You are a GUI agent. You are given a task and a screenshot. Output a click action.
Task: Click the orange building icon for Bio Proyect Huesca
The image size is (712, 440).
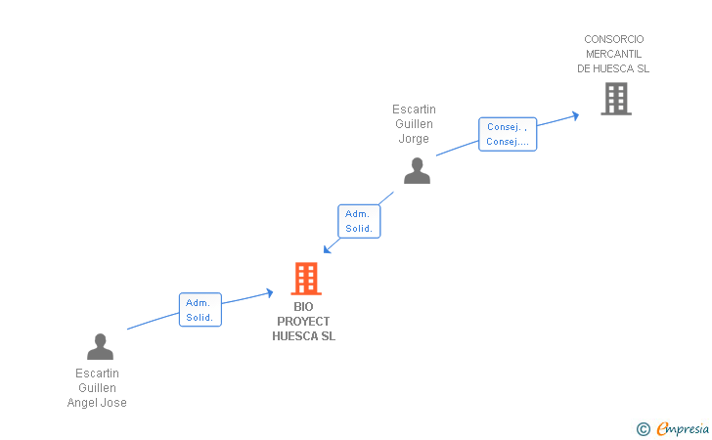tap(306, 279)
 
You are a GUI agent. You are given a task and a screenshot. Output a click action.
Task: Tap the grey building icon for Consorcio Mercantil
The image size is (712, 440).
tap(615, 99)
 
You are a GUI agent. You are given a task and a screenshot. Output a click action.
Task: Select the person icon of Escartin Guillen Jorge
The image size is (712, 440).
tap(417, 170)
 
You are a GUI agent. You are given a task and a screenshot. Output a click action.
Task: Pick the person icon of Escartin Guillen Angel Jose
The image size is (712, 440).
tap(100, 346)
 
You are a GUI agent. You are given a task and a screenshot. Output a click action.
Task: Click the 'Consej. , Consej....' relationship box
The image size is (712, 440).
tap(508, 134)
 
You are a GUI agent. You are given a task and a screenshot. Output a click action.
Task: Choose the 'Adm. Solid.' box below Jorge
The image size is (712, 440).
tap(358, 221)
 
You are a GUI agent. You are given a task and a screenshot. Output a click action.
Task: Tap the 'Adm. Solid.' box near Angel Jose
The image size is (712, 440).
tap(200, 310)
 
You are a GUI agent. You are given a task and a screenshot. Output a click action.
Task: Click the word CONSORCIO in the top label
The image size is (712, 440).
tap(613, 39)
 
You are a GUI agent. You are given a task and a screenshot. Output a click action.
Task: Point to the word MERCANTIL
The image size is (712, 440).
tap(613, 54)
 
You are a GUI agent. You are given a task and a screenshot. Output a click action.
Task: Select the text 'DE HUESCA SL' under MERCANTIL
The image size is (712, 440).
tap(613, 68)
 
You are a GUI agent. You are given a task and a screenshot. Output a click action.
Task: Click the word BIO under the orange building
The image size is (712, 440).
tap(303, 307)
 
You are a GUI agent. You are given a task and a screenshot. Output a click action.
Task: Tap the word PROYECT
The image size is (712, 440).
tap(303, 322)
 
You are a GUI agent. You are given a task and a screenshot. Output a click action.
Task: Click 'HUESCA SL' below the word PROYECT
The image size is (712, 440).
tap(303, 336)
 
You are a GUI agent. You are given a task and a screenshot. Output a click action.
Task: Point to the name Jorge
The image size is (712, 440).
tap(414, 139)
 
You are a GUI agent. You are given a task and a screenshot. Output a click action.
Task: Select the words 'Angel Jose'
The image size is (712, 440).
tap(97, 403)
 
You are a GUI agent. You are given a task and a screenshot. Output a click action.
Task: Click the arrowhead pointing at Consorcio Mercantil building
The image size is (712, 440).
tap(575, 114)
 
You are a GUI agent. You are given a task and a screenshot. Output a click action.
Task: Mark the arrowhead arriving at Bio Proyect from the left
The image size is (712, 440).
tap(269, 291)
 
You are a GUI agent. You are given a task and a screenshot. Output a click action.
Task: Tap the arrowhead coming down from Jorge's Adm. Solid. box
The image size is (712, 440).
tap(328, 249)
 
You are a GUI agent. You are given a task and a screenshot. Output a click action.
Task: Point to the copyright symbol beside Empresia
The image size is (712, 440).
tap(643, 428)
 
